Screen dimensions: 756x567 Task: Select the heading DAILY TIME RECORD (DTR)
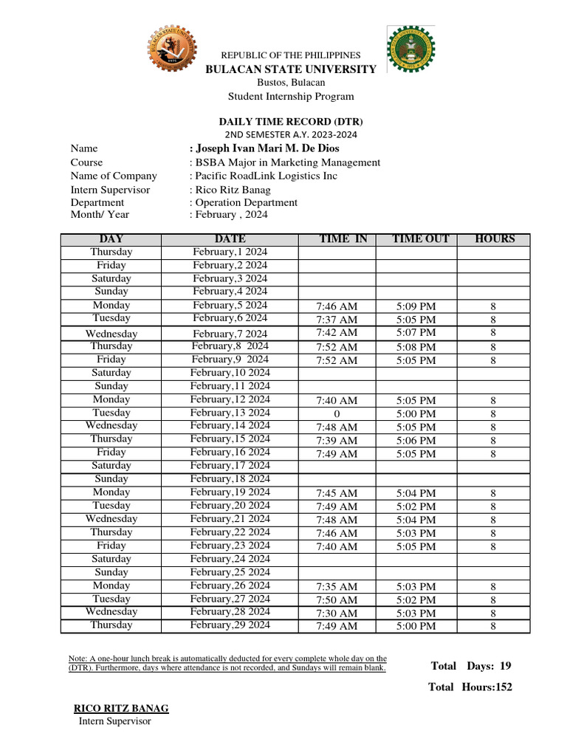point(290,121)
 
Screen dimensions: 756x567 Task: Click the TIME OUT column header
point(416,239)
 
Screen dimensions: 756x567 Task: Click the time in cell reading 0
point(337,414)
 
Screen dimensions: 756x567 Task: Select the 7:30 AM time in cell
point(337,614)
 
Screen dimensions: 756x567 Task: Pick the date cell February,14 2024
point(230,426)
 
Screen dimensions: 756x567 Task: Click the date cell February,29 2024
point(230,625)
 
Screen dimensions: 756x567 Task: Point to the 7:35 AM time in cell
point(337,587)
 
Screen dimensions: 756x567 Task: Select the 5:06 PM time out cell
point(416,441)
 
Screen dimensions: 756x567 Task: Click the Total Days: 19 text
point(471,666)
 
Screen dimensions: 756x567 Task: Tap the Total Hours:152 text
point(470,687)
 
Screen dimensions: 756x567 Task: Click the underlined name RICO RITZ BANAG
point(121,709)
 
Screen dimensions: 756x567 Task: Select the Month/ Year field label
point(100,215)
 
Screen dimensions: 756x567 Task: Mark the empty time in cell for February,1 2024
point(337,252)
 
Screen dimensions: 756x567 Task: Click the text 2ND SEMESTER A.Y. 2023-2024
point(290,134)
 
